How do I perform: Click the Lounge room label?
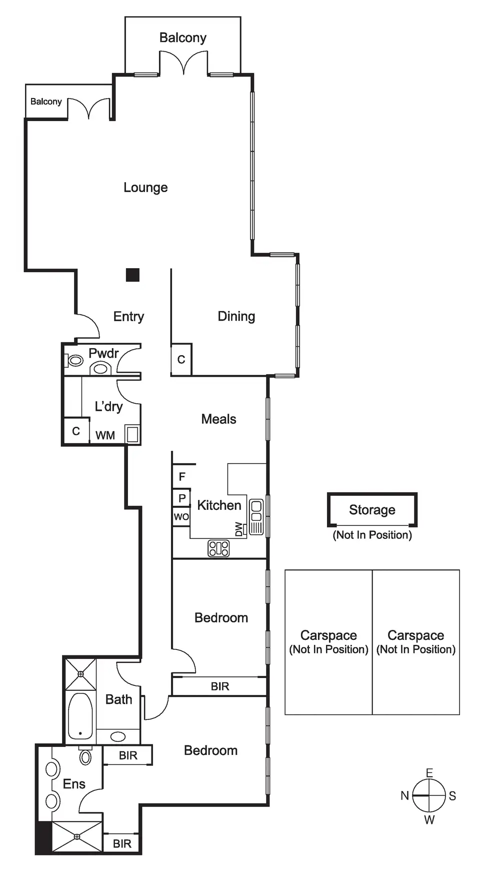145,188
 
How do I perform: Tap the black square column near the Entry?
132,275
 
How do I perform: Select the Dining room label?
236,316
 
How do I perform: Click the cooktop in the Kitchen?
218,548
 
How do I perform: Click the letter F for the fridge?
182,477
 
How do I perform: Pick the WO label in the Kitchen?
181,517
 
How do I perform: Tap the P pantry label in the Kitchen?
182,498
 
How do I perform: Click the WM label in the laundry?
105,435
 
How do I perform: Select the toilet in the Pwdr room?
75,360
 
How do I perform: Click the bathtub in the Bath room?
80,716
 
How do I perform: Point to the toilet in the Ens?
85,756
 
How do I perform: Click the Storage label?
372,510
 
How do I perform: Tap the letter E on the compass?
429,773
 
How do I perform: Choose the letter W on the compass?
429,820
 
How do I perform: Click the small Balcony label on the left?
46,102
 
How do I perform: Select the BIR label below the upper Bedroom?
220,686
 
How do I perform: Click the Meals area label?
218,419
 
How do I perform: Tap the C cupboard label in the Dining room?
181,359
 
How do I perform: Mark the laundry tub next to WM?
132,434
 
